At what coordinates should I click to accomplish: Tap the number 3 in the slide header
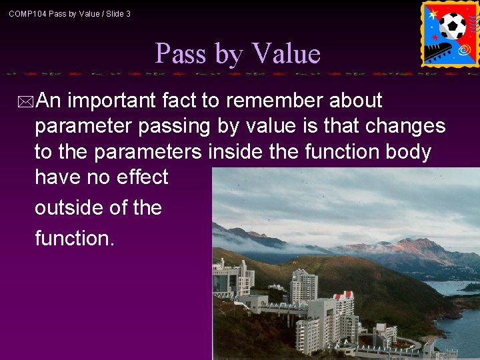click(x=128, y=13)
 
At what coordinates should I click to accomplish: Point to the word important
click(x=113, y=101)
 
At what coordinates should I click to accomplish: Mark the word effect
click(x=142, y=177)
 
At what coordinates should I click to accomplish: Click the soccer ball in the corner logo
click(x=453, y=26)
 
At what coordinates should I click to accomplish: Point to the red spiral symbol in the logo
click(x=464, y=50)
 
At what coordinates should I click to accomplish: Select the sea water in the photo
click(x=460, y=320)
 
